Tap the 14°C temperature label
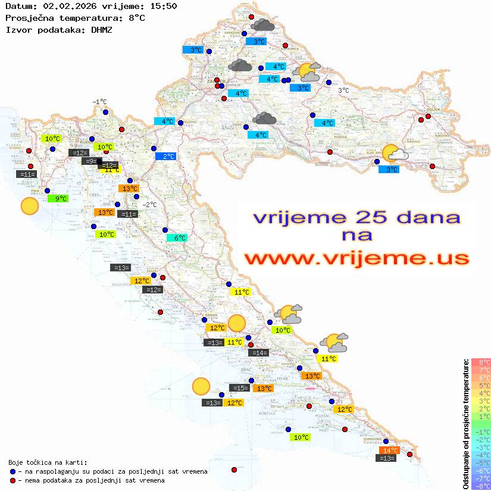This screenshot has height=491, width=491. click(390, 451)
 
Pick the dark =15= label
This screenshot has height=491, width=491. click(239, 388)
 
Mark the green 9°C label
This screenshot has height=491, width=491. click(61, 199)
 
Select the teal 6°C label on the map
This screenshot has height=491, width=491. click(179, 238)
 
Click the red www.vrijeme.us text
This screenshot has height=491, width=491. click(356, 259)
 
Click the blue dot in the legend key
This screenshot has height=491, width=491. click(12, 471)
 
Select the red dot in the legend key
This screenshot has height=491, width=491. click(12, 480)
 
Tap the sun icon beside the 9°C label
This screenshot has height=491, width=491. click(29, 207)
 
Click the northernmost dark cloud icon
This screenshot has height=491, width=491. click(262, 25)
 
